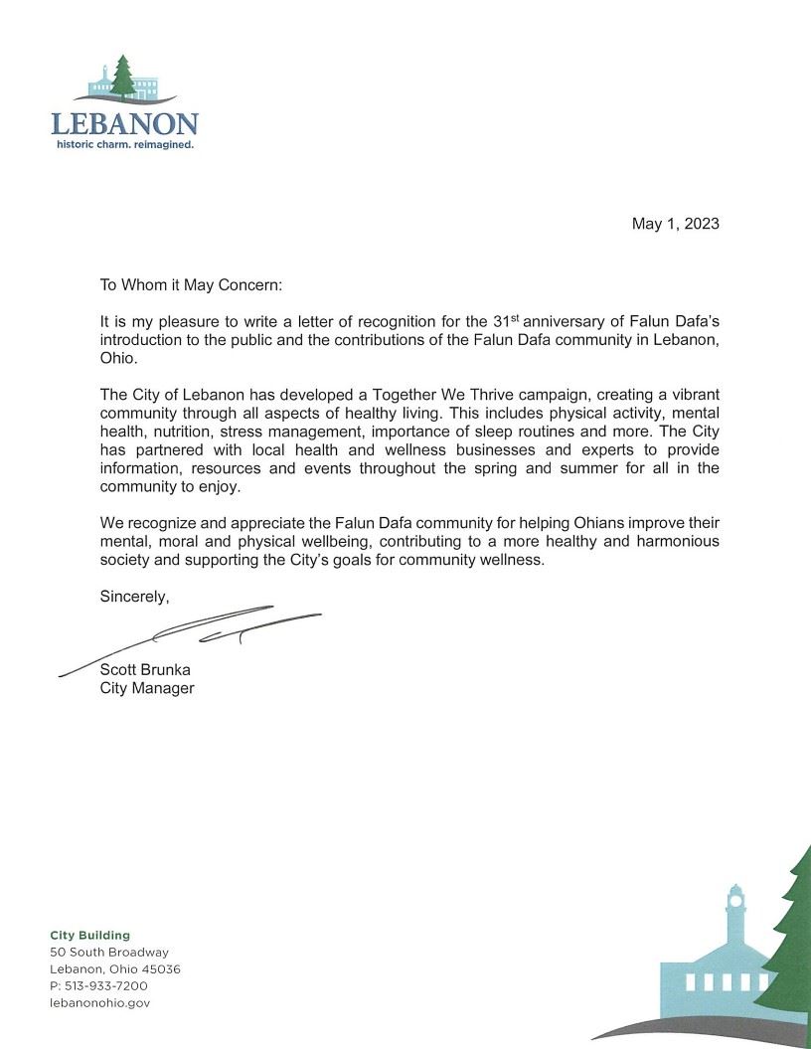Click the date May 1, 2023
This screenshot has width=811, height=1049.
(675, 224)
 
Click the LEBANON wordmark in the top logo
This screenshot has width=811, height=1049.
(124, 124)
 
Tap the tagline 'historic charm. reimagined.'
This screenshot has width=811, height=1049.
(124, 144)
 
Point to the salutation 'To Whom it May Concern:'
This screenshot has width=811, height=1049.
(192, 284)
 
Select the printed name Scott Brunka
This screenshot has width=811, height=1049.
(145, 669)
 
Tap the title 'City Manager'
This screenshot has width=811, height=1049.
(147, 688)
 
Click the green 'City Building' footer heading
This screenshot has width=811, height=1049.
(90, 935)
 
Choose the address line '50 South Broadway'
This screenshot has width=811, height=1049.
(109, 952)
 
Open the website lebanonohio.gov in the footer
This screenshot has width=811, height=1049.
(99, 1002)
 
